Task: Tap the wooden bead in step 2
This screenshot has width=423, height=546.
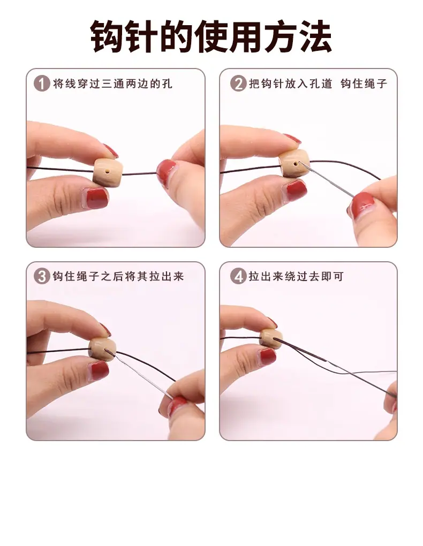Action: coord(294,164)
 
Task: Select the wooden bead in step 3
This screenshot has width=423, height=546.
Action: coord(102,349)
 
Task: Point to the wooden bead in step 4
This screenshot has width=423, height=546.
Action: coord(271,338)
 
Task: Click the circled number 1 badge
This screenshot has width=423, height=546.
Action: coord(42,84)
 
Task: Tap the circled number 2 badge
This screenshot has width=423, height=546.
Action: coord(238,84)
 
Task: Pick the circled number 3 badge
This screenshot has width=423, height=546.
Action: coord(42,277)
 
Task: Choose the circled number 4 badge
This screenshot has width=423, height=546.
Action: coord(238,277)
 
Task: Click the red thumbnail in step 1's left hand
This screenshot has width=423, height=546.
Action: coord(96,198)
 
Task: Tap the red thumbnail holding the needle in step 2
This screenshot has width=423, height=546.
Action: coord(362,206)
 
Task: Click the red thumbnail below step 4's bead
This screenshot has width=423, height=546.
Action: coord(267,357)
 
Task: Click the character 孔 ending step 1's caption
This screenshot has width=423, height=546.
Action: coord(167,84)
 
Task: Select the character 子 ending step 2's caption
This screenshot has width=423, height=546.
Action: coord(382,84)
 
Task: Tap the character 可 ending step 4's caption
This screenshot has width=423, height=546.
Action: coord(338,277)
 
